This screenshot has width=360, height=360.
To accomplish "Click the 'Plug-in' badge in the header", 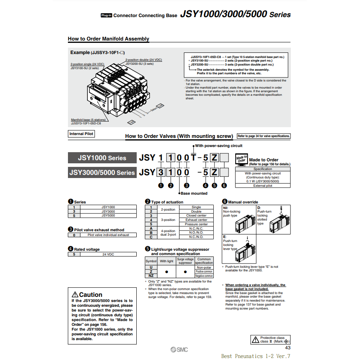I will tap(106, 15).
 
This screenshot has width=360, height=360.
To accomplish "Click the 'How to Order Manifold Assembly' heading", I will tap(108, 39).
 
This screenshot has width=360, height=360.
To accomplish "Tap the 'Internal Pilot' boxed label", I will tap(81, 134).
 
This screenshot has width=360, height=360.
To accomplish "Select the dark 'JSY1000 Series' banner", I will tap(102, 158).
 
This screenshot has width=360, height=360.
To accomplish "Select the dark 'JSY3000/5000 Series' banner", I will tap(102, 172).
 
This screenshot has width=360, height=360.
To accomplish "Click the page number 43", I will tap(288, 348).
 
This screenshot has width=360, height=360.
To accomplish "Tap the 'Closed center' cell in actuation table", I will tap(196, 216).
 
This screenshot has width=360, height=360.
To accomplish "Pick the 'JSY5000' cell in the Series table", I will tap(108, 215).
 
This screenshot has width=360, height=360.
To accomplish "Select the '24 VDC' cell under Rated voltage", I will tap(108, 254).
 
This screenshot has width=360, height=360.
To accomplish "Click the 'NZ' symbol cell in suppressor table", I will tap(151, 276).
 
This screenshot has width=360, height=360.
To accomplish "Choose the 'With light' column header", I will tap(166, 261).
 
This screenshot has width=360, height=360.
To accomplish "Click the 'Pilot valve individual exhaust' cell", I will tap(108, 235).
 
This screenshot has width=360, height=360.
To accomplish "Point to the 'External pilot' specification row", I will tap(263, 186).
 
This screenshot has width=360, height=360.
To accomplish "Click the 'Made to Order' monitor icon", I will tap(242, 159).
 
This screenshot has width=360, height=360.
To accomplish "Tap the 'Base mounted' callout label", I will tap(194, 194).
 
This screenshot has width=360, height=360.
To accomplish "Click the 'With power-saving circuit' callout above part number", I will tap(219, 146).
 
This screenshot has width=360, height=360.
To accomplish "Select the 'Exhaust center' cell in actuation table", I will tap(196, 220).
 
